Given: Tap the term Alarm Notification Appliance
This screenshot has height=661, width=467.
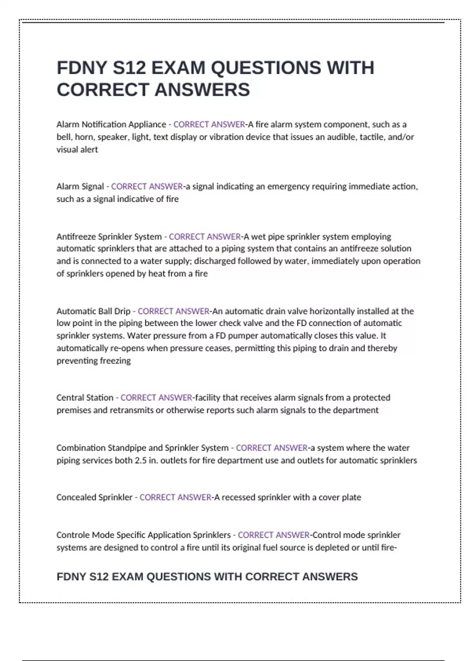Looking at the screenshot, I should point(111,124).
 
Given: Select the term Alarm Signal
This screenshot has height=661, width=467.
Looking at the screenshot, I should point(80,187).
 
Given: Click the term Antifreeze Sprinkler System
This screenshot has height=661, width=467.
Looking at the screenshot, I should point(109,236).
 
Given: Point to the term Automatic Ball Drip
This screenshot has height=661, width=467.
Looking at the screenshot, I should point(93,311).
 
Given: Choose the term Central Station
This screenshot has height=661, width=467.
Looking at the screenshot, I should point(85,397).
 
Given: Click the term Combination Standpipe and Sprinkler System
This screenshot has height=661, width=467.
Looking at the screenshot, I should point(142,448).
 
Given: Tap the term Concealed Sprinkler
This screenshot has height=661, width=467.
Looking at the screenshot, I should point(95,497).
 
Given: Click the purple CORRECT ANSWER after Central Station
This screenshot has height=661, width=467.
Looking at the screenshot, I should point(156,397).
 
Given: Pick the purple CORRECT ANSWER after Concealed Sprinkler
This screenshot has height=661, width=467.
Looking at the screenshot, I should point(176,497).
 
